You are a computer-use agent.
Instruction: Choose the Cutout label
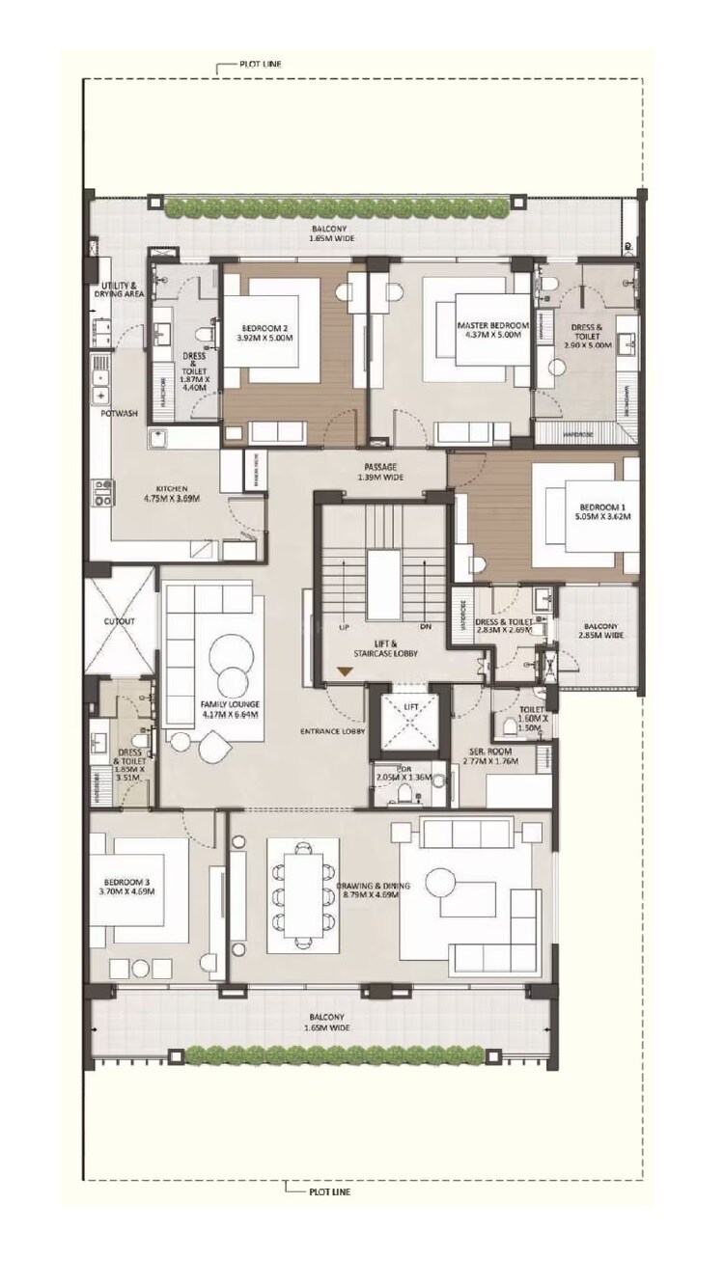coord(120,622)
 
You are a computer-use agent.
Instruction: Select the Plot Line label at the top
coord(260,66)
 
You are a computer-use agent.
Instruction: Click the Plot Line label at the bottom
coord(330,1191)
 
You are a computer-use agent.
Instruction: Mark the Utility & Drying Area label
coord(122,289)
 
